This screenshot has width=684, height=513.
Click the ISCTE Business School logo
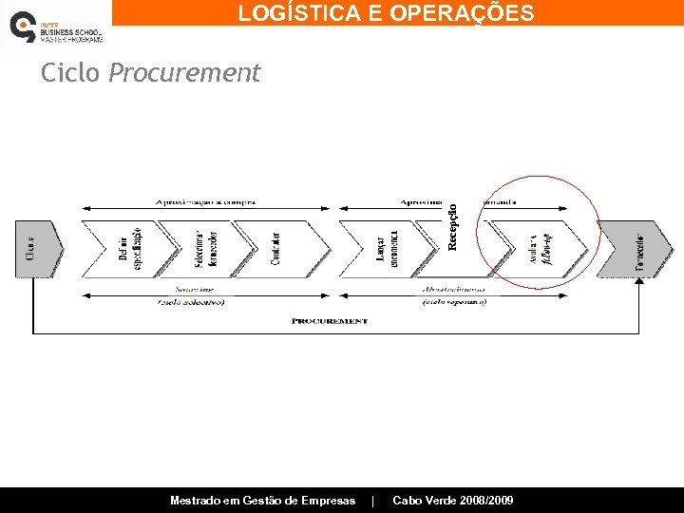click(54, 26)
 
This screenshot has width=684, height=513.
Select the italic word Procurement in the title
click(184, 73)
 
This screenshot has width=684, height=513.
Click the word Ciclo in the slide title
click(69, 73)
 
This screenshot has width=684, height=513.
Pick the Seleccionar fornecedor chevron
click(206, 249)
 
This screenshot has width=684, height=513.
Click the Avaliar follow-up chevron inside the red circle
click(540, 249)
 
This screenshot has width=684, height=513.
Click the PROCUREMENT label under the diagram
click(330, 321)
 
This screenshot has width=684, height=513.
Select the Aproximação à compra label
click(206, 202)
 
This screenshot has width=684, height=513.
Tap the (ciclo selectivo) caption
click(190, 302)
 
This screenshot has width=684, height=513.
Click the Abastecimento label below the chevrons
click(453, 288)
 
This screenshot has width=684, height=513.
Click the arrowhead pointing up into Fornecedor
click(639, 282)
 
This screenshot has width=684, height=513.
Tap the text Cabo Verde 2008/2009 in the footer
click(453, 500)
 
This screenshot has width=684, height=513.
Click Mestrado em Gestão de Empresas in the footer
click(262, 500)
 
